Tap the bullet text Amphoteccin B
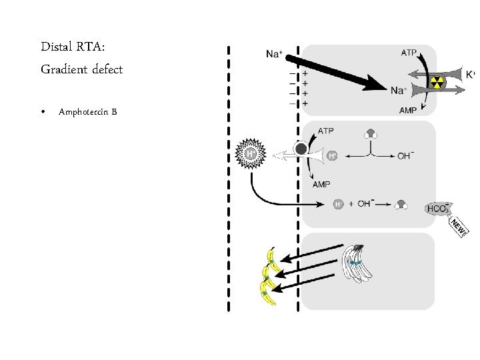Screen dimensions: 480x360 [x=87, y=111]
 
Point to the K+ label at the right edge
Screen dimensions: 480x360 [x=470, y=74]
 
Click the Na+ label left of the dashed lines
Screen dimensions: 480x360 [x=273, y=54]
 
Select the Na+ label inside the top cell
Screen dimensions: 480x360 [x=399, y=91]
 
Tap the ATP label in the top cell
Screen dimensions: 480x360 [x=409, y=51]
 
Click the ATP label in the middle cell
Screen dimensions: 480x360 [x=326, y=131]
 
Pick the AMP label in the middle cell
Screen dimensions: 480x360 [x=321, y=185]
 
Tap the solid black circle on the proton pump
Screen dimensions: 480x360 [x=301, y=149]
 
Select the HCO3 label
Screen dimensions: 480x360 [x=437, y=209]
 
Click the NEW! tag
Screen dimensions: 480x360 [x=459, y=227]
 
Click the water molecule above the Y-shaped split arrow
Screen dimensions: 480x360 [x=371, y=133]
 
